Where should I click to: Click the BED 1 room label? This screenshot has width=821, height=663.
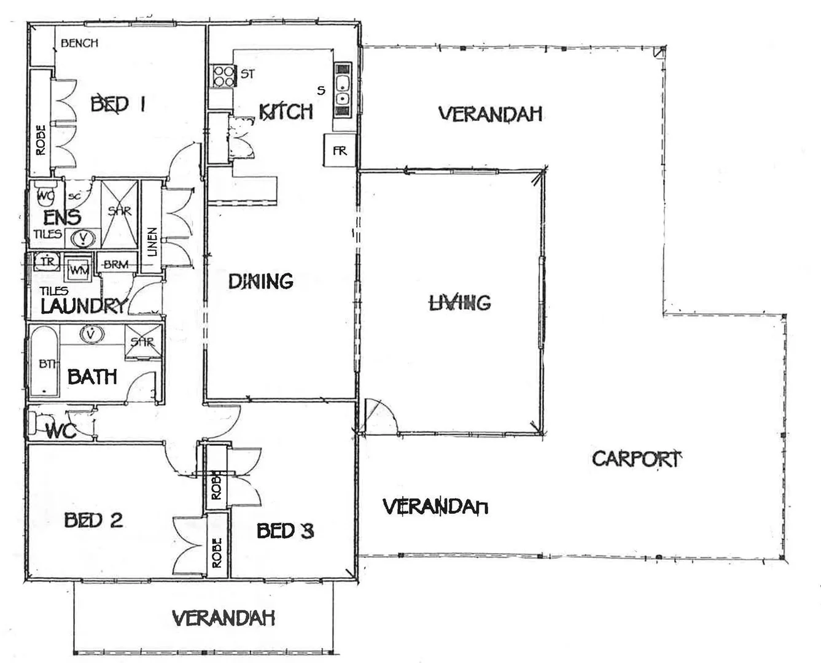118,104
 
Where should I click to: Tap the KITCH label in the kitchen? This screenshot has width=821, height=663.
286,112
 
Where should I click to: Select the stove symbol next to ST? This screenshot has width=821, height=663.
224,75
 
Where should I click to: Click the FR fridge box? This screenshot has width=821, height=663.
339,150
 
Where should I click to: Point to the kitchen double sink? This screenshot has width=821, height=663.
343,90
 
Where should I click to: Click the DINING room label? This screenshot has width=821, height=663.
261,281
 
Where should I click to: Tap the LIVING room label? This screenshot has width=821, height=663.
460,302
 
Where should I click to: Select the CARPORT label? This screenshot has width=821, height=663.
637,459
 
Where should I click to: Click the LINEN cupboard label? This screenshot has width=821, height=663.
152,242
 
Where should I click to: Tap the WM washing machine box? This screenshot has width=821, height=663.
78,269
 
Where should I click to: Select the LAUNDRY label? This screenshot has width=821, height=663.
83,306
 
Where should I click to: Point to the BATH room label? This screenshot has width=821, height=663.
92,376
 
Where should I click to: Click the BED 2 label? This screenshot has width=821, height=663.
93,521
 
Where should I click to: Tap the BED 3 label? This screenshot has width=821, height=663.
285,530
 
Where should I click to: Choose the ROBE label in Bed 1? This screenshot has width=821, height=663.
41,140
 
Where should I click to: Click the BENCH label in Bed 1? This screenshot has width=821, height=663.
79,43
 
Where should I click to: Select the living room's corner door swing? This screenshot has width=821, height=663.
379,416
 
